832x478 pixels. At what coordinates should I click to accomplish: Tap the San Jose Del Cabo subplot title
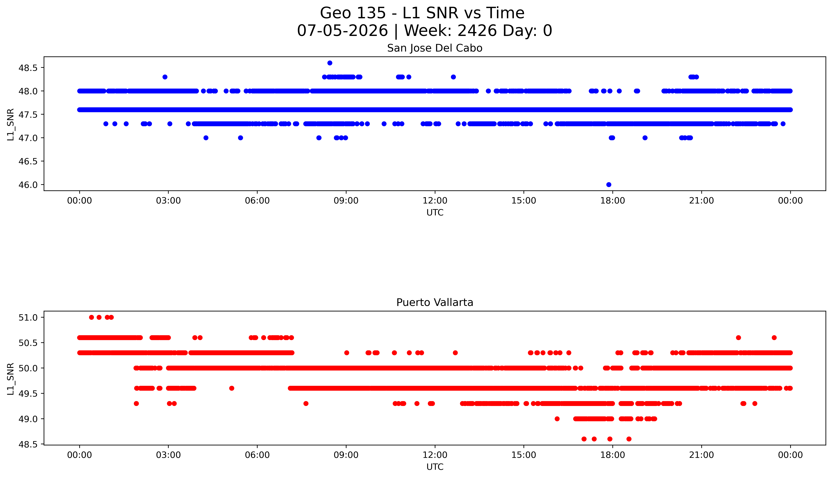pos(435,48)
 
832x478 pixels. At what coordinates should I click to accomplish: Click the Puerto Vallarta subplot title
pos(435,302)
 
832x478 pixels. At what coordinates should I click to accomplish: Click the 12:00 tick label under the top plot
pos(435,201)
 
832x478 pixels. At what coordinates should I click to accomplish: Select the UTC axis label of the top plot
pos(435,212)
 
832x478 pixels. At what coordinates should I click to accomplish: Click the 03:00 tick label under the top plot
pos(169,201)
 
